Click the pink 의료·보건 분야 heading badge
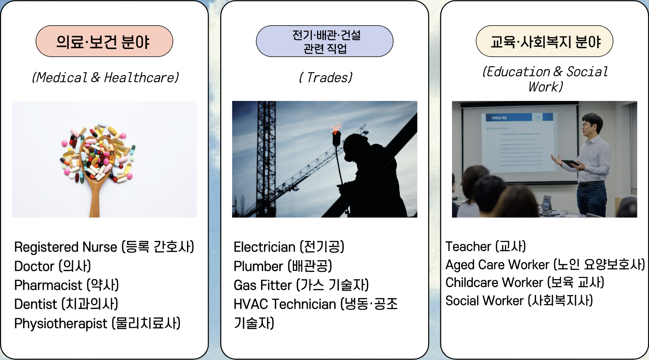(104, 41)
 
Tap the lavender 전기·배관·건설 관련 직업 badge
(324, 41)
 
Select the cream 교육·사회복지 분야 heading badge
(544, 41)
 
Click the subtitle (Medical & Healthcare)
(105, 78)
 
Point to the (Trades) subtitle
(326, 78)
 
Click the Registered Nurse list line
(104, 247)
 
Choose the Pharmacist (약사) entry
(66, 285)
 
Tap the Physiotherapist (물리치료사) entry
(97, 323)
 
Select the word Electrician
(264, 247)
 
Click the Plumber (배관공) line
(283, 266)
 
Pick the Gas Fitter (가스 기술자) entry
(301, 285)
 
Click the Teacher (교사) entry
(486, 246)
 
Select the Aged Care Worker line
(545, 265)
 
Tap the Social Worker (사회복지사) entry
(519, 301)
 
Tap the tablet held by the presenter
(570, 163)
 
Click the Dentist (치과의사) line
(66, 304)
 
